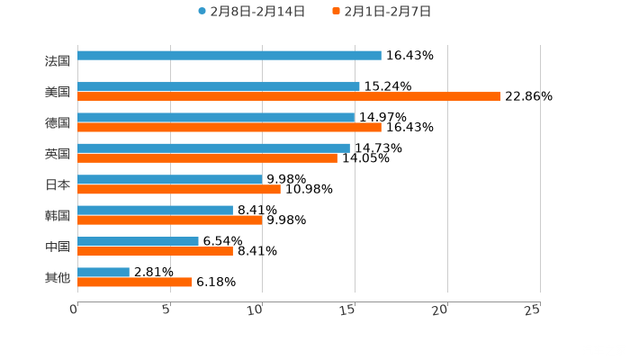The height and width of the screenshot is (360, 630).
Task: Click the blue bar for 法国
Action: click(229, 56)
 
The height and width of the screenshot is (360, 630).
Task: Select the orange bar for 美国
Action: click(288, 97)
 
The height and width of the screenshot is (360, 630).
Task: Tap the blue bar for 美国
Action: click(219, 86)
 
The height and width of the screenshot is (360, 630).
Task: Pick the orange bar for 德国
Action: click(229, 128)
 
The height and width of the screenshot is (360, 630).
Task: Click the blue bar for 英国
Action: click(213, 148)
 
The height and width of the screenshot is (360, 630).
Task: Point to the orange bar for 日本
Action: click(179, 189)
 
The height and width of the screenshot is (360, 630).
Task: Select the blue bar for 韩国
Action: click(155, 210)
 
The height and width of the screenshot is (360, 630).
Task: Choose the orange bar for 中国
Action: click(155, 251)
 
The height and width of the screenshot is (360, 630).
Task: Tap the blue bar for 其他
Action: click(103, 272)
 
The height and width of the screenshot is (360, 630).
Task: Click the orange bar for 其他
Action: click(135, 282)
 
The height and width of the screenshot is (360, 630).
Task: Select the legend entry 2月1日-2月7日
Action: click(387, 12)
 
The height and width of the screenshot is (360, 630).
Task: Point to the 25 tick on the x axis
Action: click(533, 310)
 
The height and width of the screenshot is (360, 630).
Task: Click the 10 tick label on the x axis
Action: click(256, 310)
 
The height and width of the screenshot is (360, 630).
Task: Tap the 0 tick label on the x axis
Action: click(75, 310)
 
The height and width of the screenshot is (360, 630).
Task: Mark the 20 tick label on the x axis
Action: click(440, 310)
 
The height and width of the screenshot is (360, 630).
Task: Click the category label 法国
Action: click(58, 61)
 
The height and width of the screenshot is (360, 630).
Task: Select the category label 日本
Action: click(58, 184)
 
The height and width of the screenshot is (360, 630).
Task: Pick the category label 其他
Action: click(58, 277)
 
